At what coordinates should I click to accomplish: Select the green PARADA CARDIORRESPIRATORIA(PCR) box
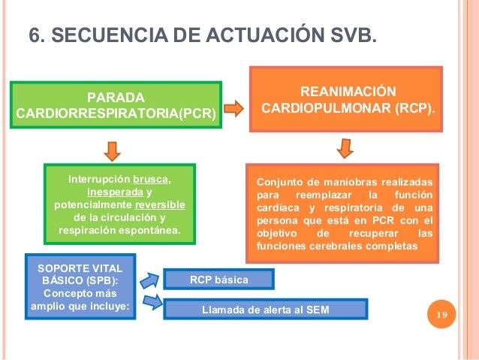point(116,105)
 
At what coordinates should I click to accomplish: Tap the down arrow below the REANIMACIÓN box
point(346,147)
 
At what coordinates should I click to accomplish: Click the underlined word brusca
point(151,180)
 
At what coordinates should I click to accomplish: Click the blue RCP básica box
point(218,280)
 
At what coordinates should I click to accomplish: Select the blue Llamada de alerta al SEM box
point(265,309)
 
